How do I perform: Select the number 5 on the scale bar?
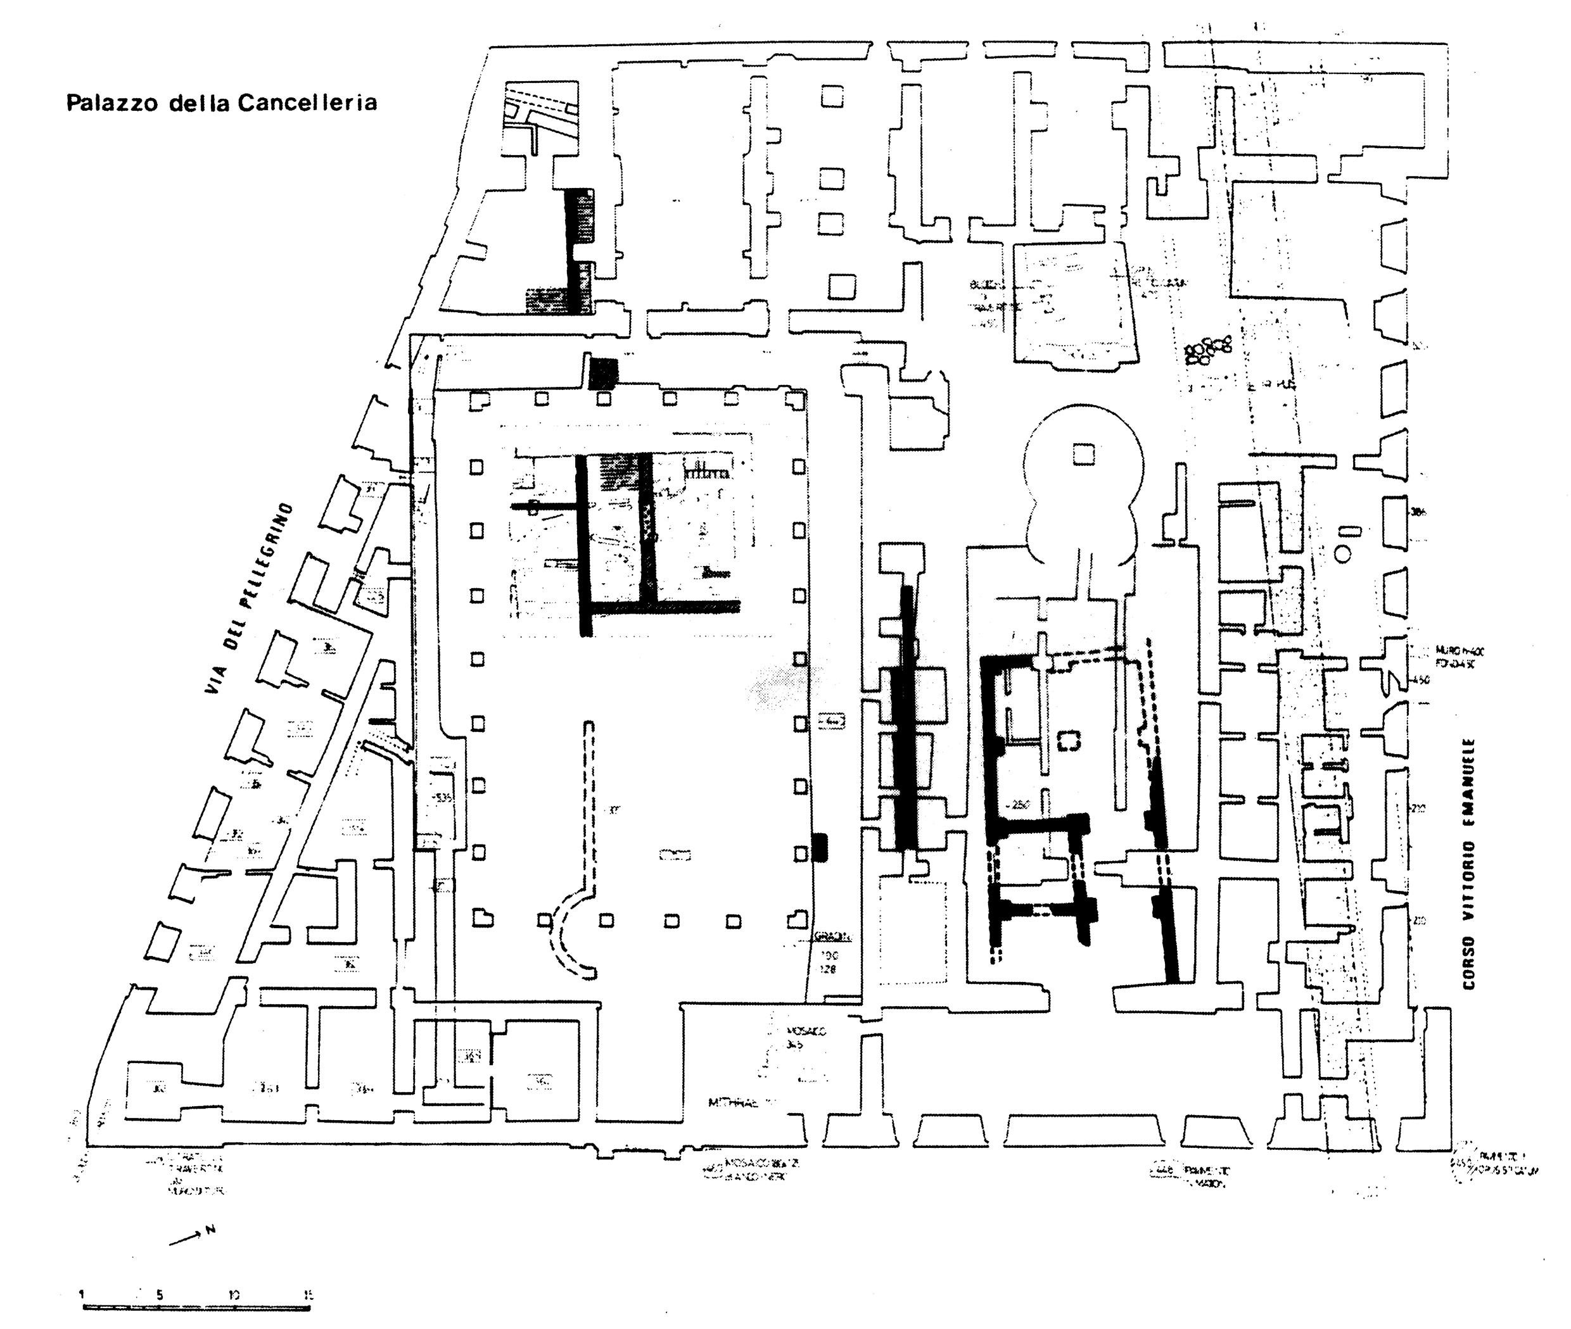[x=160, y=1296]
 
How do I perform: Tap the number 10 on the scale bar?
[x=234, y=1296]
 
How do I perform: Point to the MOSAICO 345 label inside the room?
[x=805, y=1038]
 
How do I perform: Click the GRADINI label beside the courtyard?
[x=833, y=938]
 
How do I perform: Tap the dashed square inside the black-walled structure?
[x=1068, y=741]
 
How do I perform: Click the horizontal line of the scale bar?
[x=196, y=1309]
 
